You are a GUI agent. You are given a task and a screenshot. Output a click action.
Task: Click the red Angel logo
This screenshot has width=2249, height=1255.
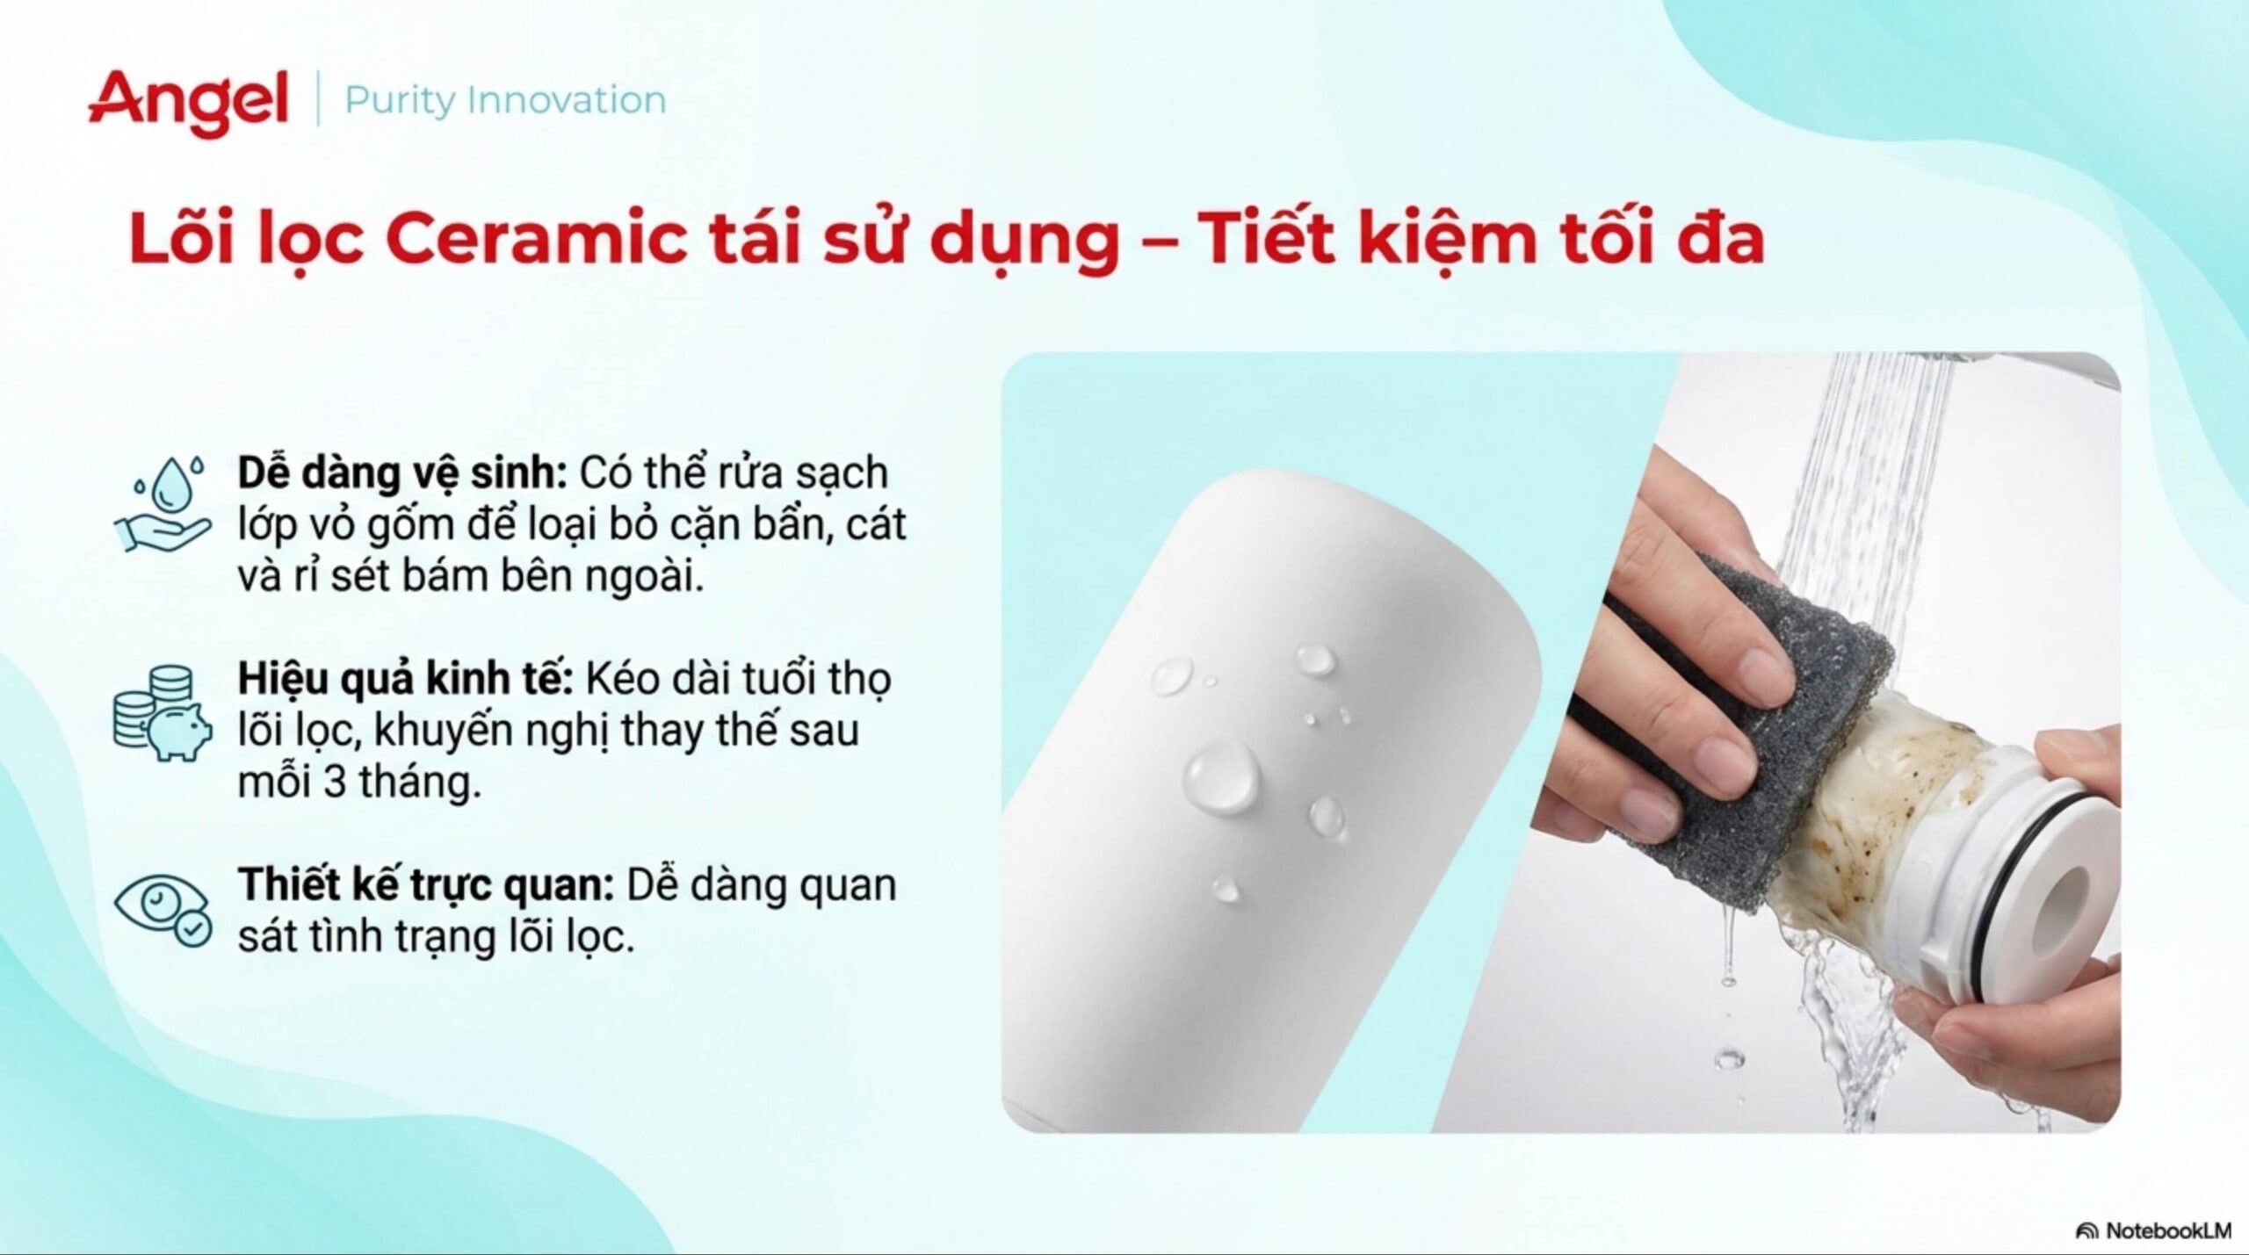point(187,104)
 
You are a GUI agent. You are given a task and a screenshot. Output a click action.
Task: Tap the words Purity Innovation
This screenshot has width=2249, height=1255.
point(505,100)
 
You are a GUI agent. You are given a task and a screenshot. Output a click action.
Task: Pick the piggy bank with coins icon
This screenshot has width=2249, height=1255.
point(163,712)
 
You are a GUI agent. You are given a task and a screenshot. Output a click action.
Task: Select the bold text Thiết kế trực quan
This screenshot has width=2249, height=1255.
point(427,885)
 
